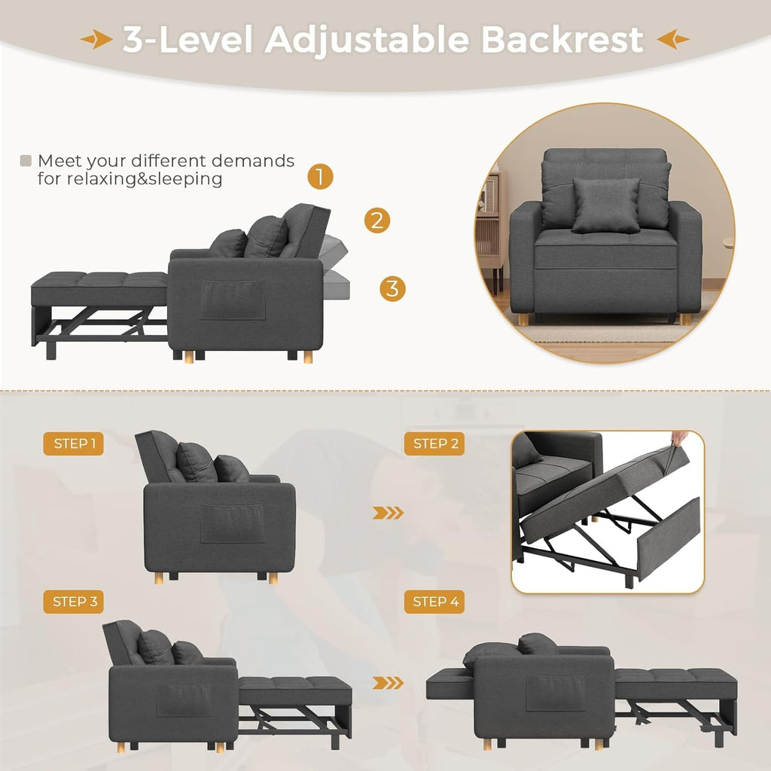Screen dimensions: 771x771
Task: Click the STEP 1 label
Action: (73, 444)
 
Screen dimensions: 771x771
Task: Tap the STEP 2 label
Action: (434, 444)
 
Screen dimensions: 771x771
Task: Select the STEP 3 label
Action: (73, 602)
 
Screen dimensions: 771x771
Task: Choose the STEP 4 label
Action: (434, 602)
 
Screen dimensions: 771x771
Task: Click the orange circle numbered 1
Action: (320, 178)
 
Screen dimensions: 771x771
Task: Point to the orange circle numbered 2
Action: (377, 221)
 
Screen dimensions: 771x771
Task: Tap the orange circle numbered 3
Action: (392, 288)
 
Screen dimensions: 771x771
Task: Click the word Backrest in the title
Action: (562, 39)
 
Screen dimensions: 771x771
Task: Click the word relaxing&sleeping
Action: (130, 179)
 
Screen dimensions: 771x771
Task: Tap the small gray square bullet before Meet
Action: (26, 160)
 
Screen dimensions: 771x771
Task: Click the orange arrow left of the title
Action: (97, 40)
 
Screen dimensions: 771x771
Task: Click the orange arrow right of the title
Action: (672, 39)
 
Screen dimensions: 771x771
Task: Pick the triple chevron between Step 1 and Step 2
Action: (389, 513)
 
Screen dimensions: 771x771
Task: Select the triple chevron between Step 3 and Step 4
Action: (389, 684)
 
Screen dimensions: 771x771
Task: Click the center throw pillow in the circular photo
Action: (605, 204)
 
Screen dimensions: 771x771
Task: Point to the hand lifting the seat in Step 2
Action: (679, 437)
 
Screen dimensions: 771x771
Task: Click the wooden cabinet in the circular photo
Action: (491, 233)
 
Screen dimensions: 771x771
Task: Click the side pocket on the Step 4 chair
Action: (555, 693)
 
